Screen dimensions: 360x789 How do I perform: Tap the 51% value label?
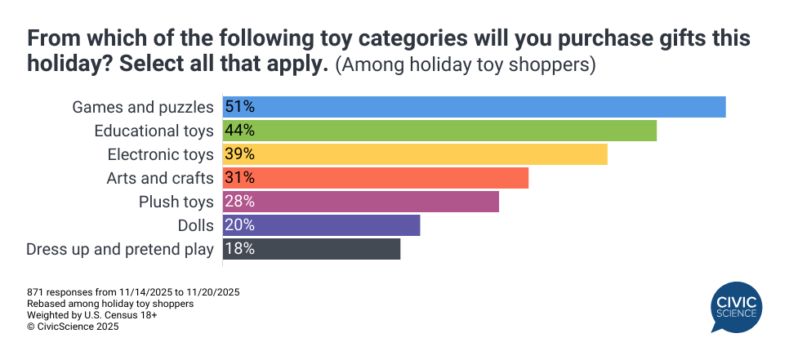pos(240,107)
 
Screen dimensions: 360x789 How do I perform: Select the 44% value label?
pos(240,131)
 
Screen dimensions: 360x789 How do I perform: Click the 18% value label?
pos(240,249)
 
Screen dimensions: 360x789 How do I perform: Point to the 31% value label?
pos(240,178)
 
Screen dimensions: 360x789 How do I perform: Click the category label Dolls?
pos(194,225)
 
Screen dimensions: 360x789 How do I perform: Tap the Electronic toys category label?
pos(160,154)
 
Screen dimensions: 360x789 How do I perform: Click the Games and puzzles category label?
pos(143,107)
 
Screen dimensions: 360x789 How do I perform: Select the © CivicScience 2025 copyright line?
pos(73,327)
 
